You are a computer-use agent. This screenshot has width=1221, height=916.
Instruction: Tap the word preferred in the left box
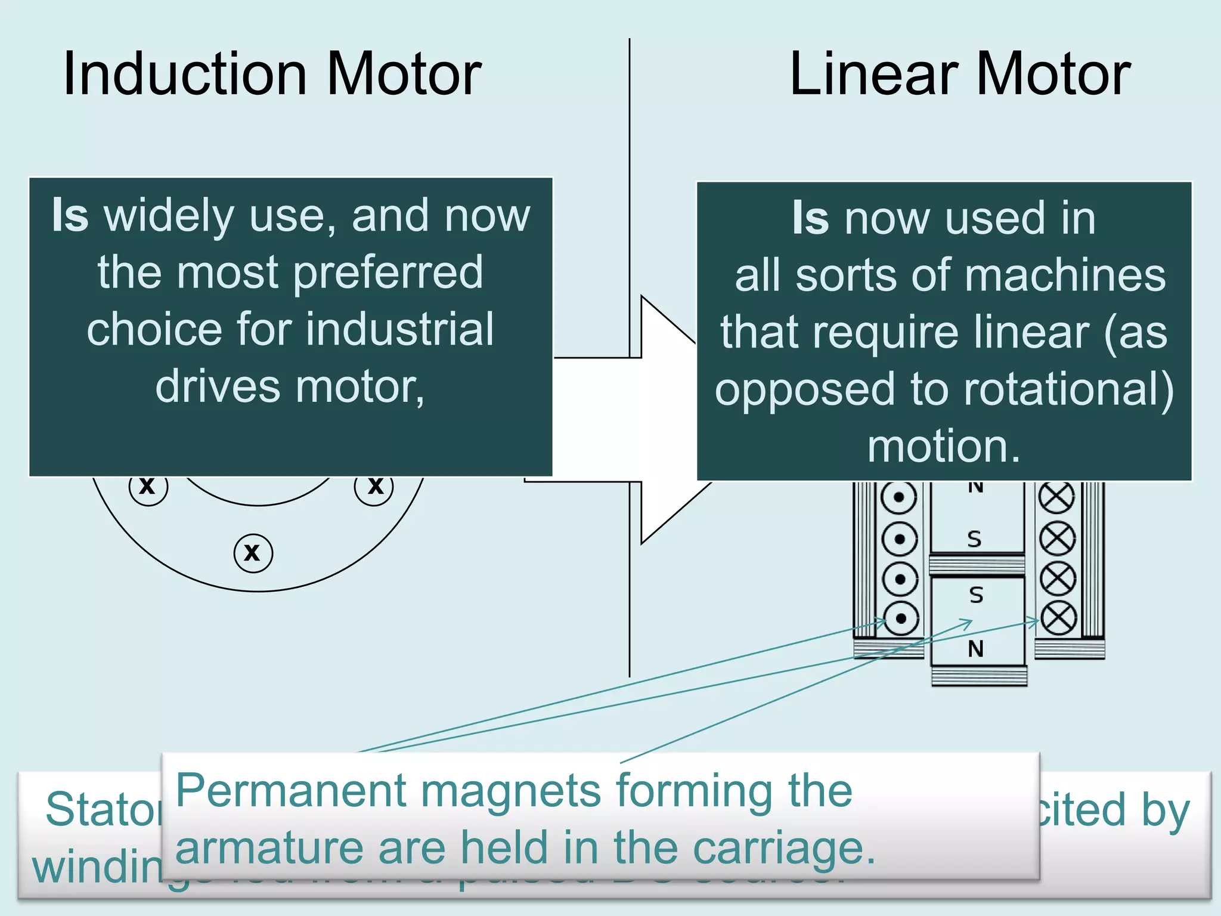tap(388, 273)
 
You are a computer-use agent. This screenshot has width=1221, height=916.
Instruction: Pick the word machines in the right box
tap(1065, 276)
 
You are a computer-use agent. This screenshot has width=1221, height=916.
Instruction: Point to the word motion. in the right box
tap(944, 446)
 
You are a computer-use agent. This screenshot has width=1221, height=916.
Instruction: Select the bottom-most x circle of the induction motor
tap(253, 553)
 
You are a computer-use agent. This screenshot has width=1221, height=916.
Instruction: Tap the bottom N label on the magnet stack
tap(975, 649)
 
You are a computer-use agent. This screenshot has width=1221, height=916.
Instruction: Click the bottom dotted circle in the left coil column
tap(900, 618)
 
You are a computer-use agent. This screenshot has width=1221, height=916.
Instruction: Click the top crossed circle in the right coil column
tap(1056, 497)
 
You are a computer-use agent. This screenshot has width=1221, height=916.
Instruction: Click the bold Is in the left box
tap(70, 216)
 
